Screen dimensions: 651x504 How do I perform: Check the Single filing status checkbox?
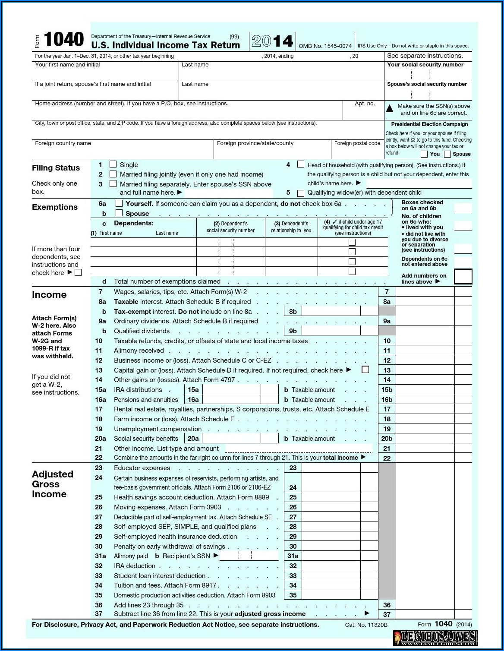[113, 164]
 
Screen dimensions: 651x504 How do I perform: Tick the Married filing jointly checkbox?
[113, 174]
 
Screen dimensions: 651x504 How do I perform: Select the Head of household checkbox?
[301, 164]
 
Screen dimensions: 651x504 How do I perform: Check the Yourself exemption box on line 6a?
[119, 203]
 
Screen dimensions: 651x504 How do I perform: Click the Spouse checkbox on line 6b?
[119, 213]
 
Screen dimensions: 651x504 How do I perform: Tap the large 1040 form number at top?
[63, 40]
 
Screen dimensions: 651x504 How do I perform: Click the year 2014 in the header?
[272, 41]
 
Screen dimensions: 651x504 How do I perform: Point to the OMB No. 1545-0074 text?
[325, 46]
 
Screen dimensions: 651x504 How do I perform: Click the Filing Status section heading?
[56, 168]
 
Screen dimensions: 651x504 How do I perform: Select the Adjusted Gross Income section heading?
[52, 484]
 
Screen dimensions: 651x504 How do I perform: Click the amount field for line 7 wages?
[425, 292]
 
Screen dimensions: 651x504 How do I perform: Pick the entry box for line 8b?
[331, 311]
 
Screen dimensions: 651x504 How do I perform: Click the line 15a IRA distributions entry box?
[232, 389]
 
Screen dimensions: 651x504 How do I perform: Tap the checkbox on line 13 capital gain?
[365, 370]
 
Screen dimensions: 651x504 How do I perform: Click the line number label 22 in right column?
[387, 458]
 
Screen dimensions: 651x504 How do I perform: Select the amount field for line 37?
[425, 614]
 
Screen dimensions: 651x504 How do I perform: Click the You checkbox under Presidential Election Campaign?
[424, 154]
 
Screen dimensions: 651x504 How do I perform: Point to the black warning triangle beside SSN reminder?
[390, 109]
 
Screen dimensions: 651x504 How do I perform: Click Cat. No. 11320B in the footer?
[366, 625]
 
